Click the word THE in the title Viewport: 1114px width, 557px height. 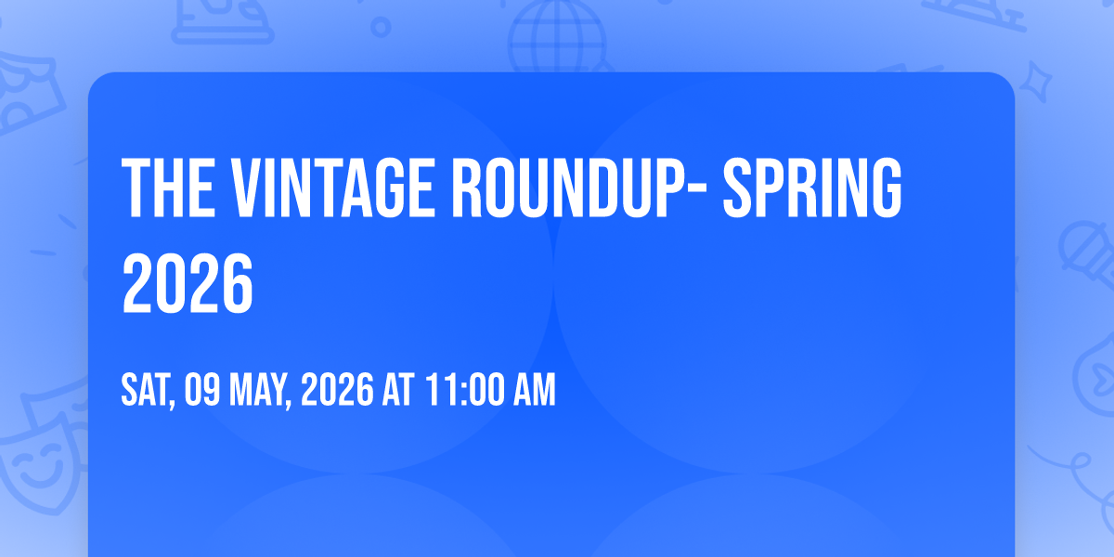tap(166, 189)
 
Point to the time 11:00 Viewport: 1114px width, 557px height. tap(464, 392)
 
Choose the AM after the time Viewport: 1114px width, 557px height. tap(535, 392)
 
